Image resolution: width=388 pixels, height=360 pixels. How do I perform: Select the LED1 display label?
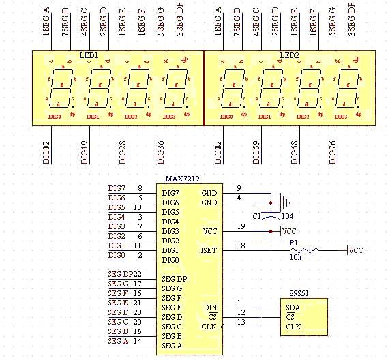(x=89, y=55)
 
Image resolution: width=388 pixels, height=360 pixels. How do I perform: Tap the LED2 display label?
(x=290, y=55)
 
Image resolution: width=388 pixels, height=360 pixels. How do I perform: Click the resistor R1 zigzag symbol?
(x=307, y=251)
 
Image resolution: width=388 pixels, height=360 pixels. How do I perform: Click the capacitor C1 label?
(x=257, y=216)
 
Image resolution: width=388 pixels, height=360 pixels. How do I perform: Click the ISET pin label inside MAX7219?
(x=209, y=250)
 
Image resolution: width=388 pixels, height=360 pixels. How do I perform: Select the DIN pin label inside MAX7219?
(x=209, y=307)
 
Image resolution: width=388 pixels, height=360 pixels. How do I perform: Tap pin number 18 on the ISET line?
(x=239, y=245)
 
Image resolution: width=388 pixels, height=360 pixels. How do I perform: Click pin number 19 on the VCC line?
(x=239, y=226)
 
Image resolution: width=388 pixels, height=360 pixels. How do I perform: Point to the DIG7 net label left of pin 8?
(x=117, y=188)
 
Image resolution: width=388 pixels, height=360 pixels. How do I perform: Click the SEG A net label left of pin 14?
(x=119, y=340)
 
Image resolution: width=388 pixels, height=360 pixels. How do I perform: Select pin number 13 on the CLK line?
(x=239, y=322)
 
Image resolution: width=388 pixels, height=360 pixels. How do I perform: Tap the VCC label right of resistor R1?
(x=356, y=250)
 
